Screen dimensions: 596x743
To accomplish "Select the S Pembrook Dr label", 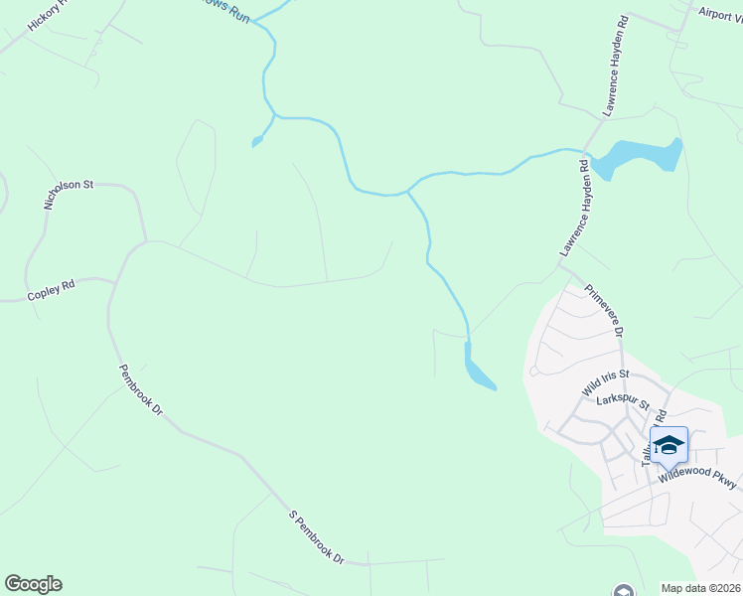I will tap(316, 537).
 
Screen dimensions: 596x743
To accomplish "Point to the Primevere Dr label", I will tap(603, 311).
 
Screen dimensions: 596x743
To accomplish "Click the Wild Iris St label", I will tap(606, 378).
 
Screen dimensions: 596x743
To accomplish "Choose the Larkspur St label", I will tap(623, 403).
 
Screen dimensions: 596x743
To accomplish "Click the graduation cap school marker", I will tap(669, 445).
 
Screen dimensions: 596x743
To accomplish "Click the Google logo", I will tap(33, 584).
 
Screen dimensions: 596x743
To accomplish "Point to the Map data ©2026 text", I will tap(700, 588).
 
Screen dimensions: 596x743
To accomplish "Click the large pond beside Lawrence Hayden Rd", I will tap(641, 155).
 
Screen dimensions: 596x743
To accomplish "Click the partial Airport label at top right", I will tap(719, 13).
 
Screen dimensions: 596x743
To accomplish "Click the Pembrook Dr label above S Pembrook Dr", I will tap(140, 390).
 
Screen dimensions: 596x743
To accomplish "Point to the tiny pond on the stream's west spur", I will tap(258, 141).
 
